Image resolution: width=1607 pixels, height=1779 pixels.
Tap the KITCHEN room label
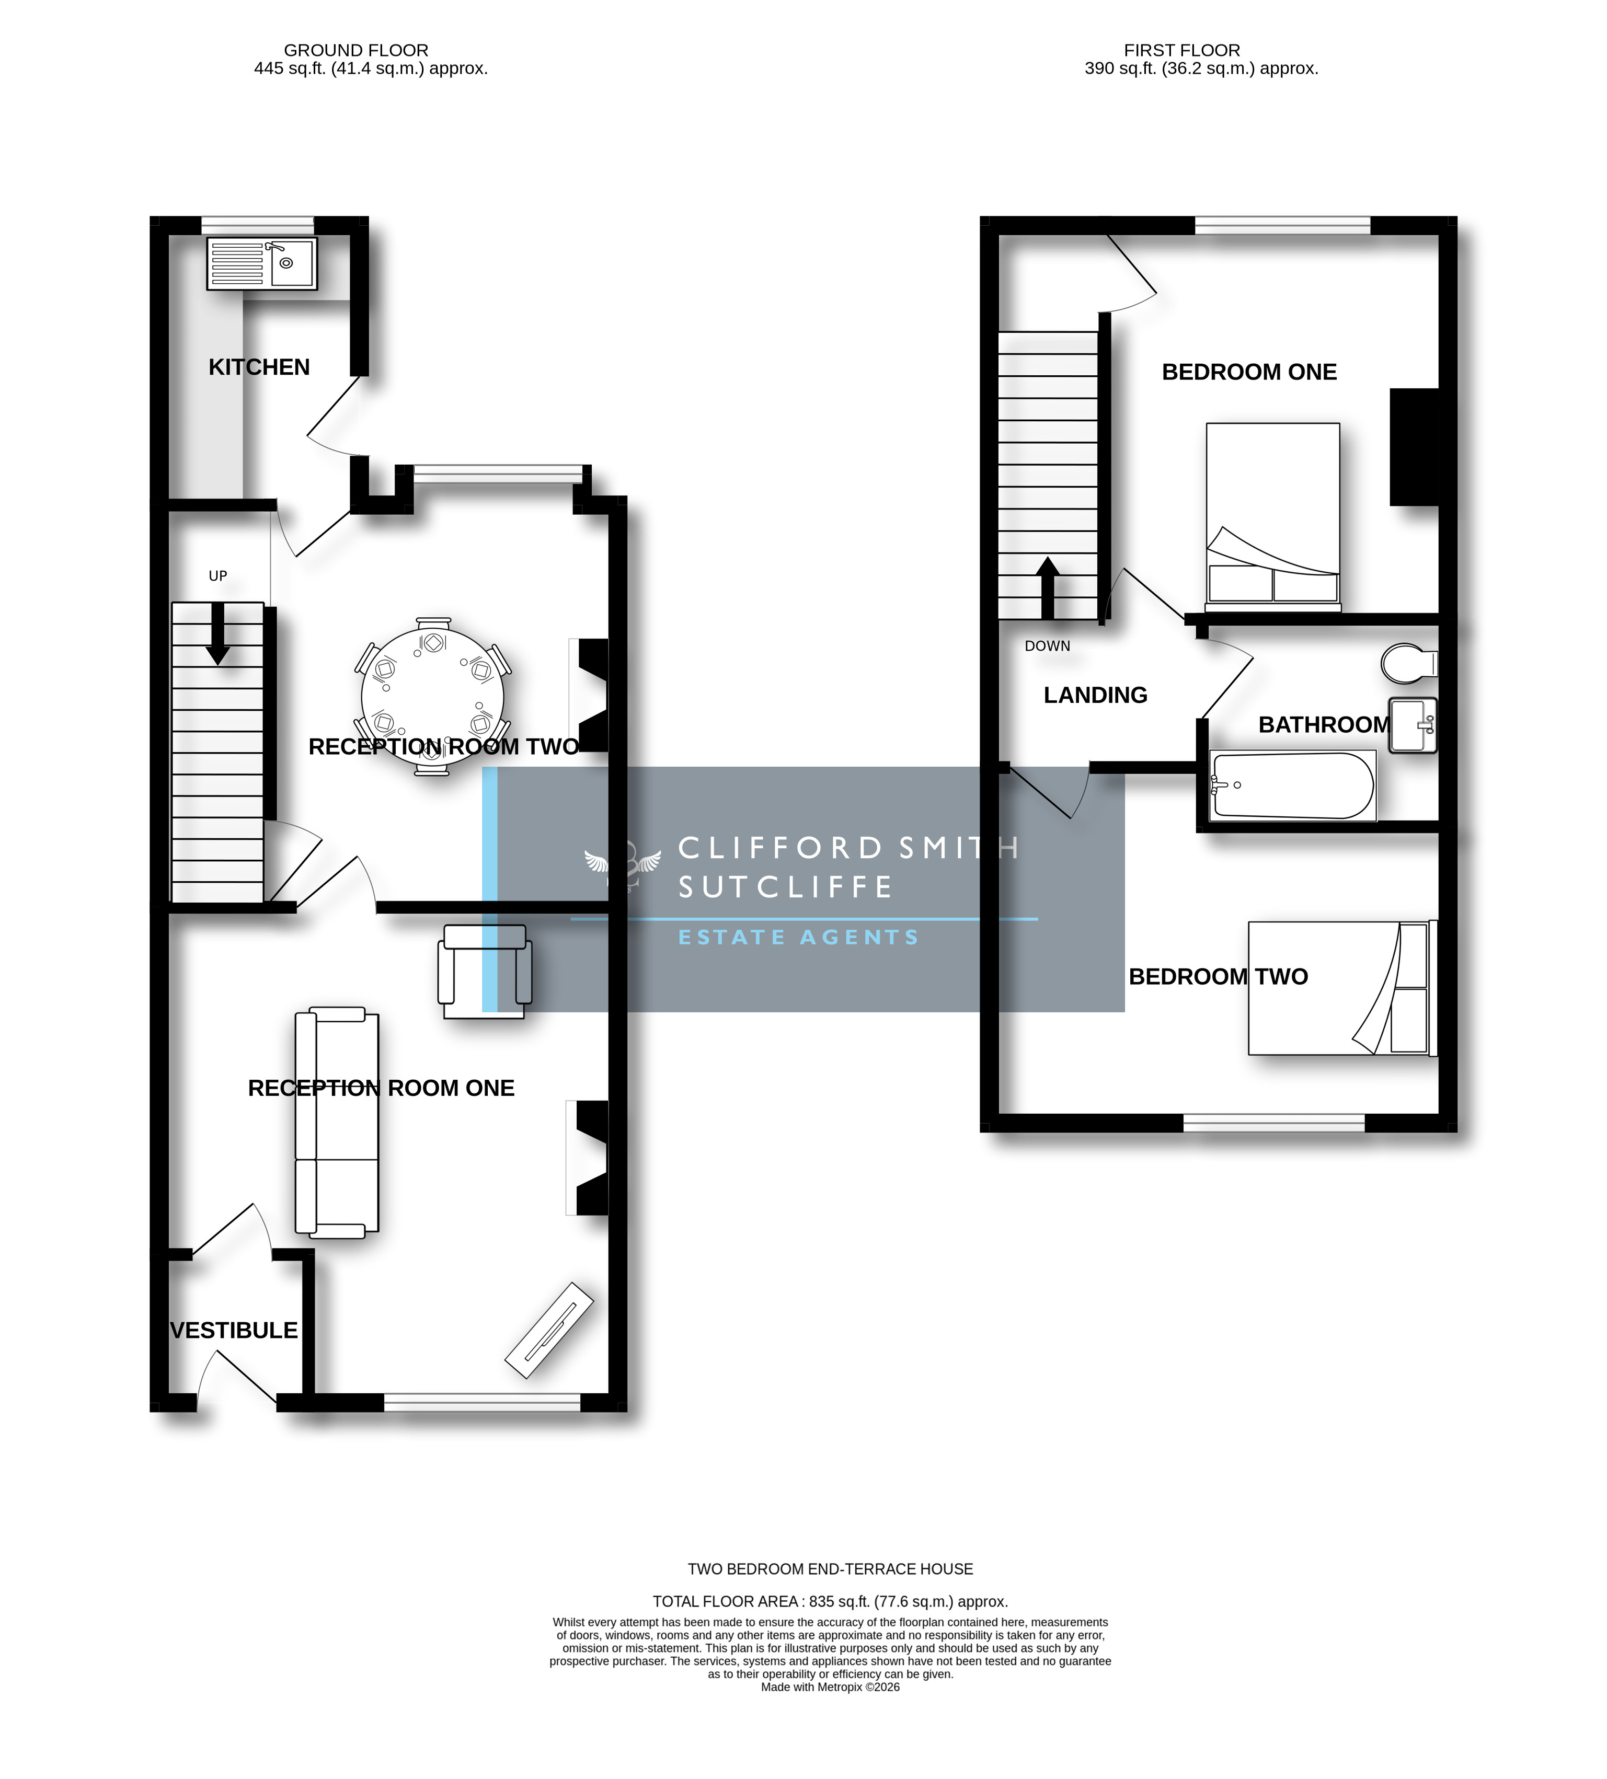click(x=259, y=367)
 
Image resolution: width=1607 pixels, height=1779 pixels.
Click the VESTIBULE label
click(x=234, y=1330)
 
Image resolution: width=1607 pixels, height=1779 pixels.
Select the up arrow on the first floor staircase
click(x=1048, y=588)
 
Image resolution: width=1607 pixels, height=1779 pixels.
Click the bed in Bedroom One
click(x=1272, y=517)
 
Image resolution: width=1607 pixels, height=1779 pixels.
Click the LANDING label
click(x=1095, y=696)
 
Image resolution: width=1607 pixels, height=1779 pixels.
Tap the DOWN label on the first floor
click(x=1048, y=646)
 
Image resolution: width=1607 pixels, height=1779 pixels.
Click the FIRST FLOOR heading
click(x=1181, y=50)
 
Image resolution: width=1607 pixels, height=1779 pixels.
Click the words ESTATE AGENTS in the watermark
click(x=799, y=937)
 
